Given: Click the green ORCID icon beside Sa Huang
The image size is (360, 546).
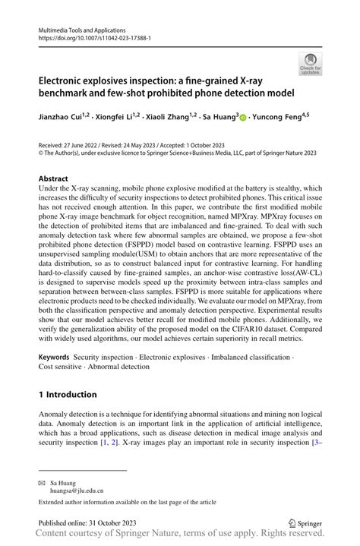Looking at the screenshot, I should point(244,118).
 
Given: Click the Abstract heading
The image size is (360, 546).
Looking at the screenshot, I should point(57,178).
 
